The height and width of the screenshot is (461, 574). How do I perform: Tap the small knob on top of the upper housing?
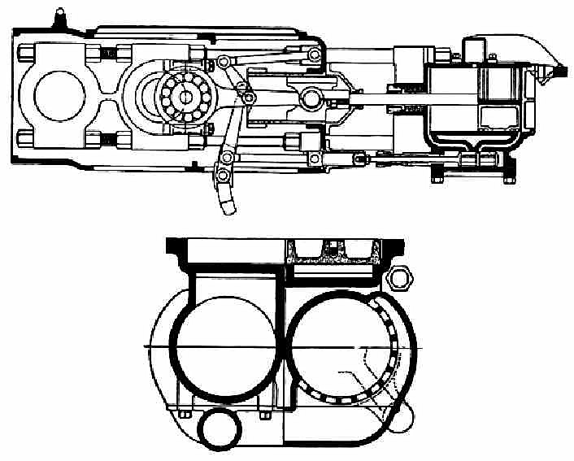[x=59, y=14]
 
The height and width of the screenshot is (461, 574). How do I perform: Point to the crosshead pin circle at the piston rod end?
[x=311, y=99]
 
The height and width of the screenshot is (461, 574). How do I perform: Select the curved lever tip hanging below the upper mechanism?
[x=228, y=203]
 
